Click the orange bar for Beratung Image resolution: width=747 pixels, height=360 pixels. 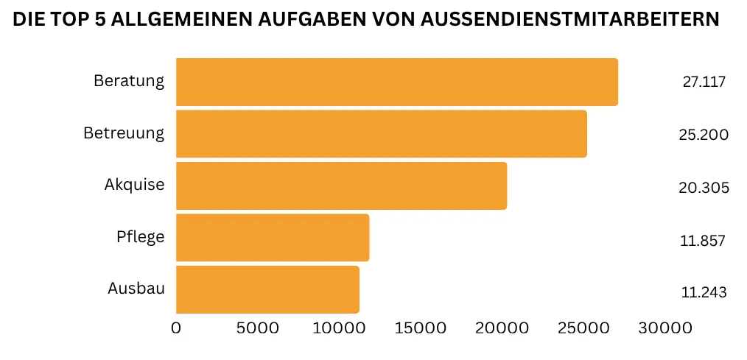click(396, 82)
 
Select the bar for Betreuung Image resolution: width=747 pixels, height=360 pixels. click(381, 134)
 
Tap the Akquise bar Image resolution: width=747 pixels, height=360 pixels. click(341, 186)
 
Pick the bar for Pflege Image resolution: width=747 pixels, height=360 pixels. click(272, 238)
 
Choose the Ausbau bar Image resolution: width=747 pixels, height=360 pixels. click(267, 289)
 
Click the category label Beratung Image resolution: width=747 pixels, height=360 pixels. click(129, 81)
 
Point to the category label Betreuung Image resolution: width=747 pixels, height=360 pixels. click(124, 133)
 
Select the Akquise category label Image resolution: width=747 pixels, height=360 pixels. click(134, 184)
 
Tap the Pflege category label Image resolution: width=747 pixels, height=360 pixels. click(140, 237)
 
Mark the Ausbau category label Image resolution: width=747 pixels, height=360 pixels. click(136, 288)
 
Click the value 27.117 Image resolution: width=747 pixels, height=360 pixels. click(704, 82)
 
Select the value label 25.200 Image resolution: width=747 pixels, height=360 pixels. click(704, 135)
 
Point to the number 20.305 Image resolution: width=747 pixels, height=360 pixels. click(704, 188)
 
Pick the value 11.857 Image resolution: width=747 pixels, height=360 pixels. click(704, 241)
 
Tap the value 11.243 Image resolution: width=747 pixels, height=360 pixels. click(704, 292)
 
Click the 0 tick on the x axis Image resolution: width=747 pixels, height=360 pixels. click(176, 328)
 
